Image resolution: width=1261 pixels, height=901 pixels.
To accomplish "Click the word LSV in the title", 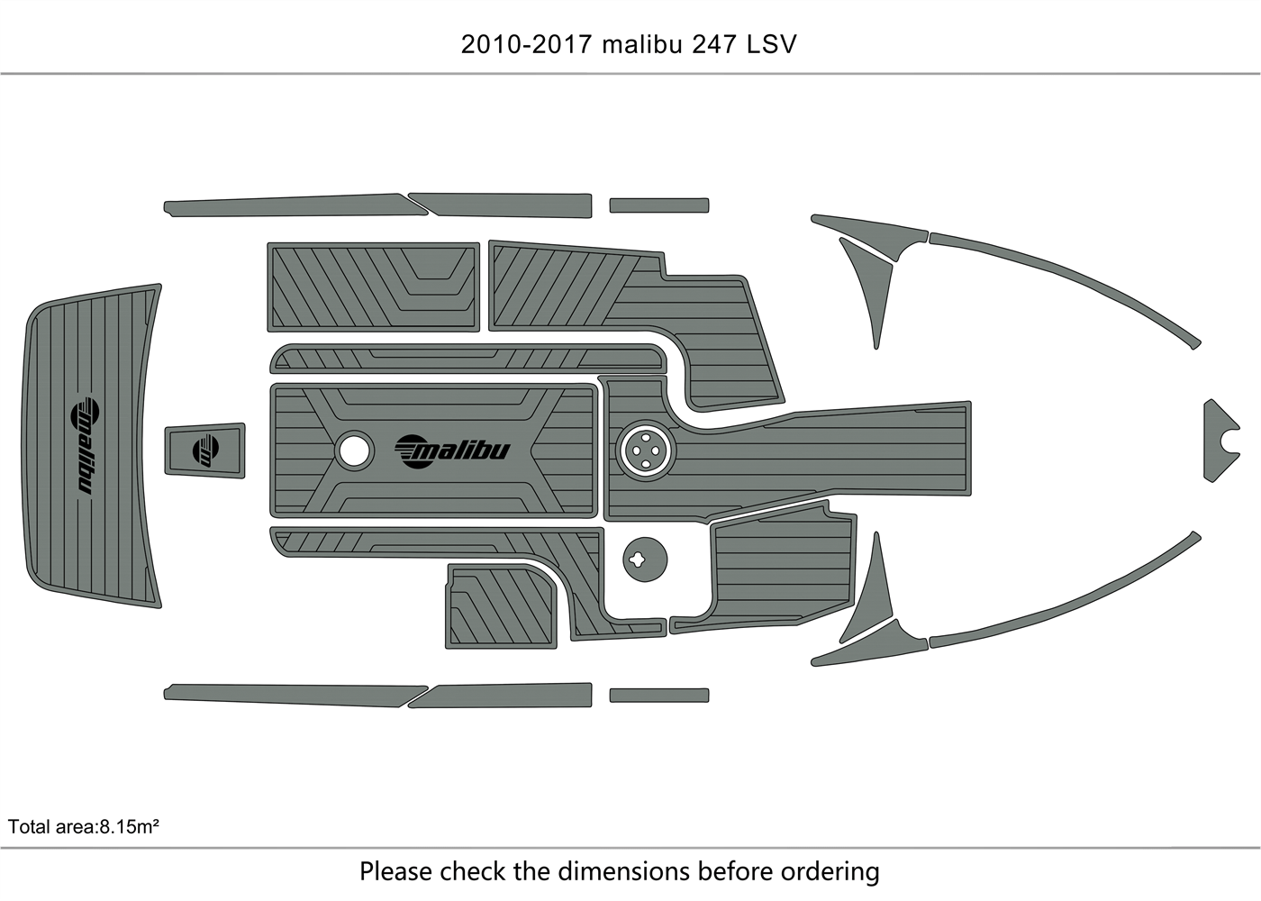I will point(771,45).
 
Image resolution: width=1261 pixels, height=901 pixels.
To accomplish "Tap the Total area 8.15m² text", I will point(84,826).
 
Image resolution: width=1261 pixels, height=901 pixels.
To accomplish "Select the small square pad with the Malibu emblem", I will point(204,450).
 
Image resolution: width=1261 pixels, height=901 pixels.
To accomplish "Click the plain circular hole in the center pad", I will point(354,450).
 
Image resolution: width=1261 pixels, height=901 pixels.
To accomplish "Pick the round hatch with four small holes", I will point(646,450).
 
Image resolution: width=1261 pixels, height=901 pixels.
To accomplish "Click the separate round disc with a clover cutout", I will point(645,560).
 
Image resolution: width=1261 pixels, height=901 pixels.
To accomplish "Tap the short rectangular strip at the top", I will point(658,205).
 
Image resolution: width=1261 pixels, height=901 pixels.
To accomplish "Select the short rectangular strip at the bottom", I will point(658,696).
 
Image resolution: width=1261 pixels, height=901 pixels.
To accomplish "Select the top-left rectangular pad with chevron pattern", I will point(373,287).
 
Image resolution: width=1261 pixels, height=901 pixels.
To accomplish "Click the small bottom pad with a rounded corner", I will point(501,606).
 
